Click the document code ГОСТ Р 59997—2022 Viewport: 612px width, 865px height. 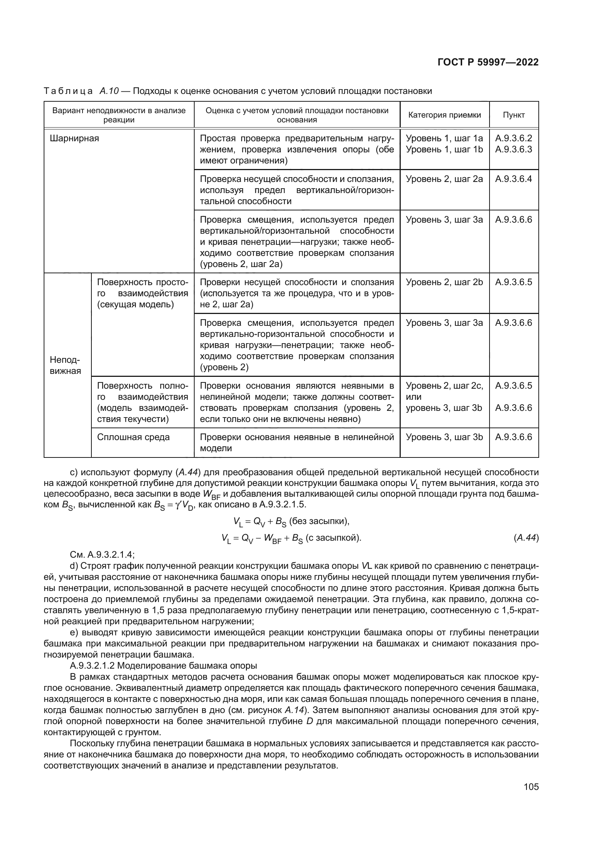click(x=488, y=62)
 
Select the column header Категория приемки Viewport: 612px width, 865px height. click(x=445, y=115)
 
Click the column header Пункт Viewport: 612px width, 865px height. click(x=514, y=115)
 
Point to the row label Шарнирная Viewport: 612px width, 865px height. click(x=74, y=138)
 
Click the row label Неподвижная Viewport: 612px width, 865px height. click(x=65, y=365)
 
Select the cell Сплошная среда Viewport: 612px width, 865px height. click(x=134, y=437)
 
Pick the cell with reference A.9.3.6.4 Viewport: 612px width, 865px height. click(x=513, y=179)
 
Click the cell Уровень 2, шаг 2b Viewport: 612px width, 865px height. click(x=444, y=282)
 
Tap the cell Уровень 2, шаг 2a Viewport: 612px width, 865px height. click(x=444, y=179)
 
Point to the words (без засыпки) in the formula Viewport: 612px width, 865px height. click(x=319, y=521)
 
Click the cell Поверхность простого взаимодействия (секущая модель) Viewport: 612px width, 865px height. click(x=142, y=293)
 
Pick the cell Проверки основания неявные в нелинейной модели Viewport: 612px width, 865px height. click(x=297, y=443)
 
